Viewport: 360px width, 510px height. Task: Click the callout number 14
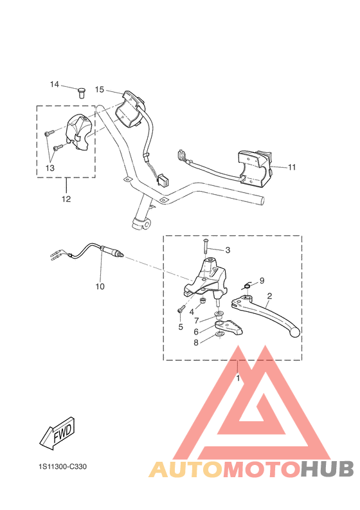(55, 84)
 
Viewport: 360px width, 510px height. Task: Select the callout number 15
(100, 89)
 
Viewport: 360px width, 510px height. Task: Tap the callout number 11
(292, 167)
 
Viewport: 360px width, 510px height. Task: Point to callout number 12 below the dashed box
(66, 199)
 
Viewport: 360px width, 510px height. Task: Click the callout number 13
(50, 167)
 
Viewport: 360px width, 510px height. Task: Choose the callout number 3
(227, 250)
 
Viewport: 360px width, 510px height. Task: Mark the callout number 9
(262, 280)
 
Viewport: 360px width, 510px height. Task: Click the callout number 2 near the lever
(269, 296)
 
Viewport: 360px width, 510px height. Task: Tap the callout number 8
(197, 343)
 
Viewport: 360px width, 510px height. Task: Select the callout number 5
(180, 327)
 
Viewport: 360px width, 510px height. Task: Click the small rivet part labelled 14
(81, 92)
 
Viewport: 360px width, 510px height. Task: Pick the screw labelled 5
(181, 310)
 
